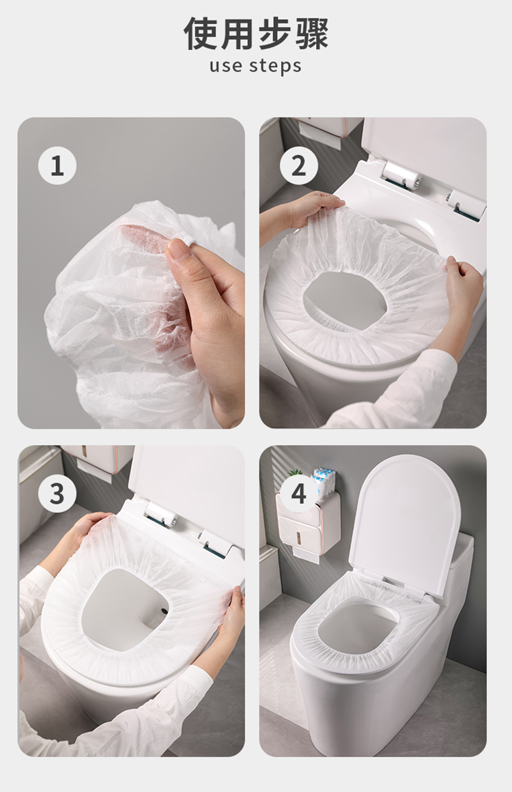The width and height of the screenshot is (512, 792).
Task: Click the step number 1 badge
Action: click(57, 165)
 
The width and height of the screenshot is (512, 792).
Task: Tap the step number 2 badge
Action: click(298, 165)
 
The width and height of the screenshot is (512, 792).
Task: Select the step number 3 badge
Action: click(57, 493)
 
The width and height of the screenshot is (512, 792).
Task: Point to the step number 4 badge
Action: click(298, 493)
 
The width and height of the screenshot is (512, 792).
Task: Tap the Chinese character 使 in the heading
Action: click(201, 33)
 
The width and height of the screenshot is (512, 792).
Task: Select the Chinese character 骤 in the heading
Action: click(311, 33)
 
